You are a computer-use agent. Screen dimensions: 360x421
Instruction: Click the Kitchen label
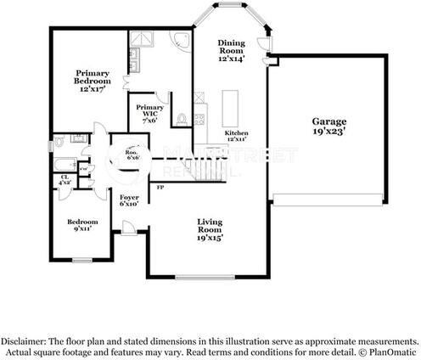click(237, 136)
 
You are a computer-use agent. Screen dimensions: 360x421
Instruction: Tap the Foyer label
click(129, 200)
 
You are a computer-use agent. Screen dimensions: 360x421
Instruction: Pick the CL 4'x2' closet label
click(65, 181)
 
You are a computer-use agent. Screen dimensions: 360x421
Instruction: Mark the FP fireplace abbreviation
click(159, 188)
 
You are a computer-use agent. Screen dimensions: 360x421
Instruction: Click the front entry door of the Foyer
click(128, 228)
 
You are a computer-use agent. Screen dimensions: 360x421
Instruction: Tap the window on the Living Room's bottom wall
click(199, 278)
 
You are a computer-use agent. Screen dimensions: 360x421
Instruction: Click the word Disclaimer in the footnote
click(25, 341)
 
